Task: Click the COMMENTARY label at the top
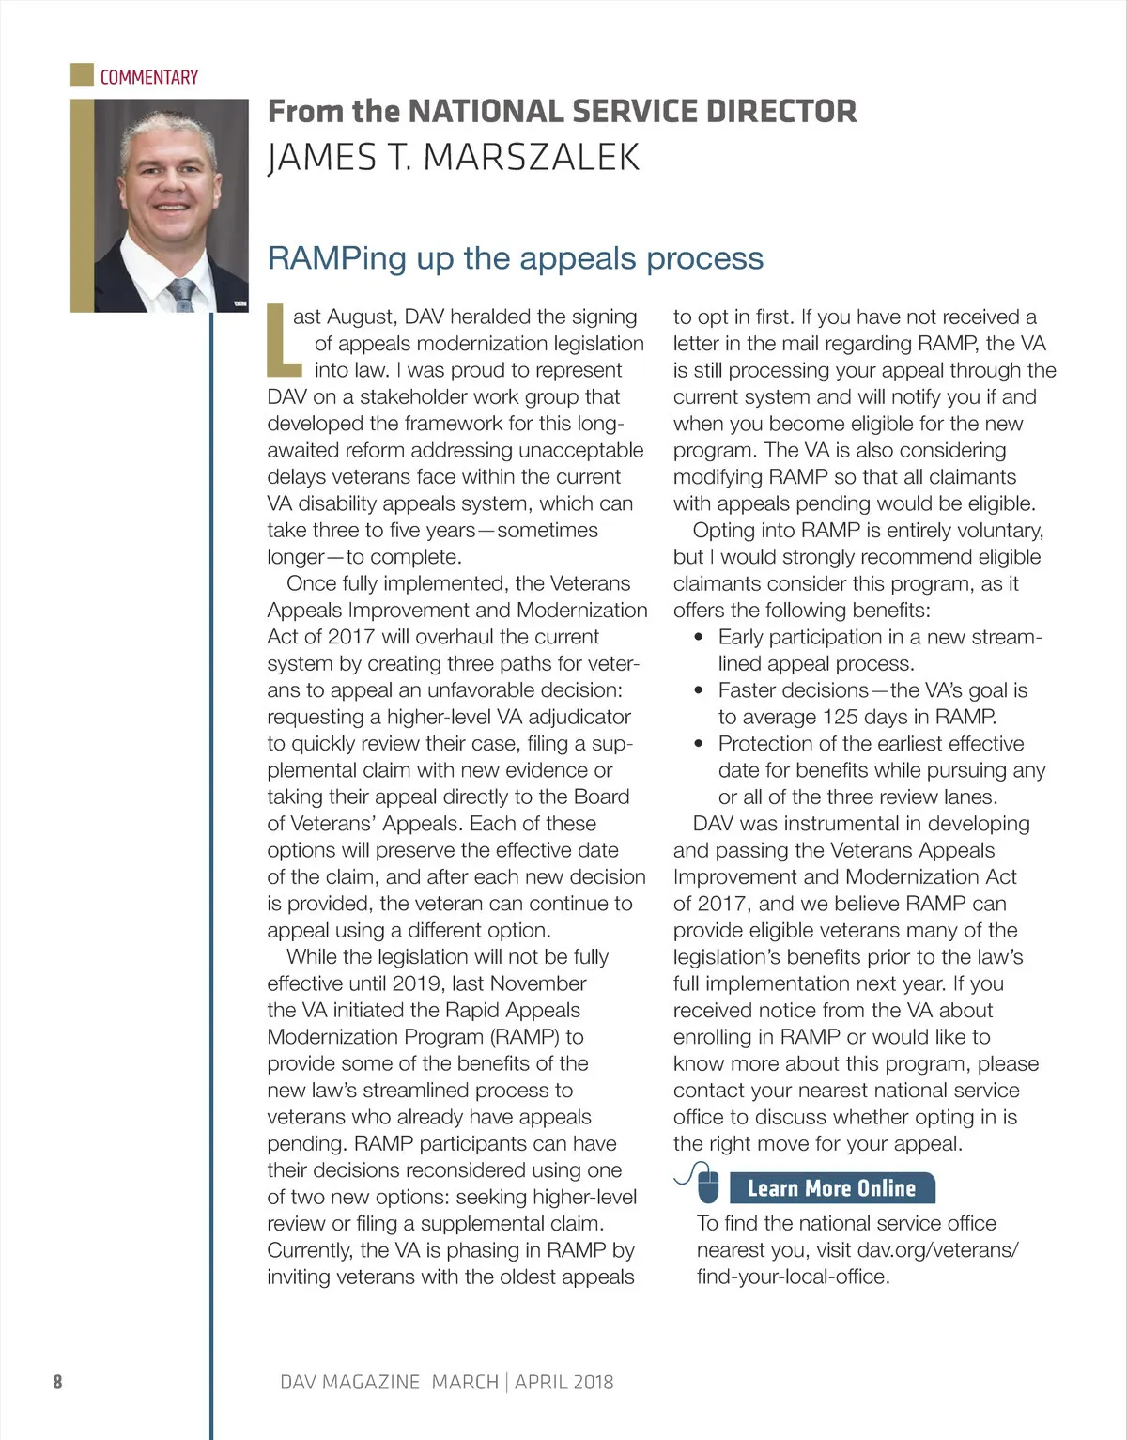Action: point(149,77)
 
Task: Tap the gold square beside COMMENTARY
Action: point(82,75)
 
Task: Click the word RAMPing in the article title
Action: point(337,258)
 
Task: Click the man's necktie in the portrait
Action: point(182,293)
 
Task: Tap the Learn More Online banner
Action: point(831,1188)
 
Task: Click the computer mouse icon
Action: point(707,1185)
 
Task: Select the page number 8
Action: point(57,1382)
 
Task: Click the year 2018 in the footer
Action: point(593,1382)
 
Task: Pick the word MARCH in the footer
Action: point(465,1382)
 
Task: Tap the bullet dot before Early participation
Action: point(698,637)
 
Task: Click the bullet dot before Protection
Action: point(698,744)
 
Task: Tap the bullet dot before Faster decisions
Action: point(698,690)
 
